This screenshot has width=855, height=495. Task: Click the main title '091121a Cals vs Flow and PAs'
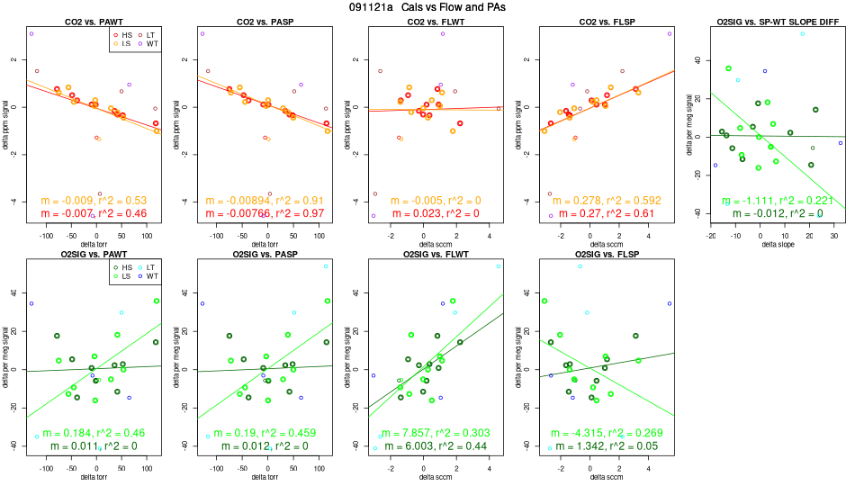point(427,7)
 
